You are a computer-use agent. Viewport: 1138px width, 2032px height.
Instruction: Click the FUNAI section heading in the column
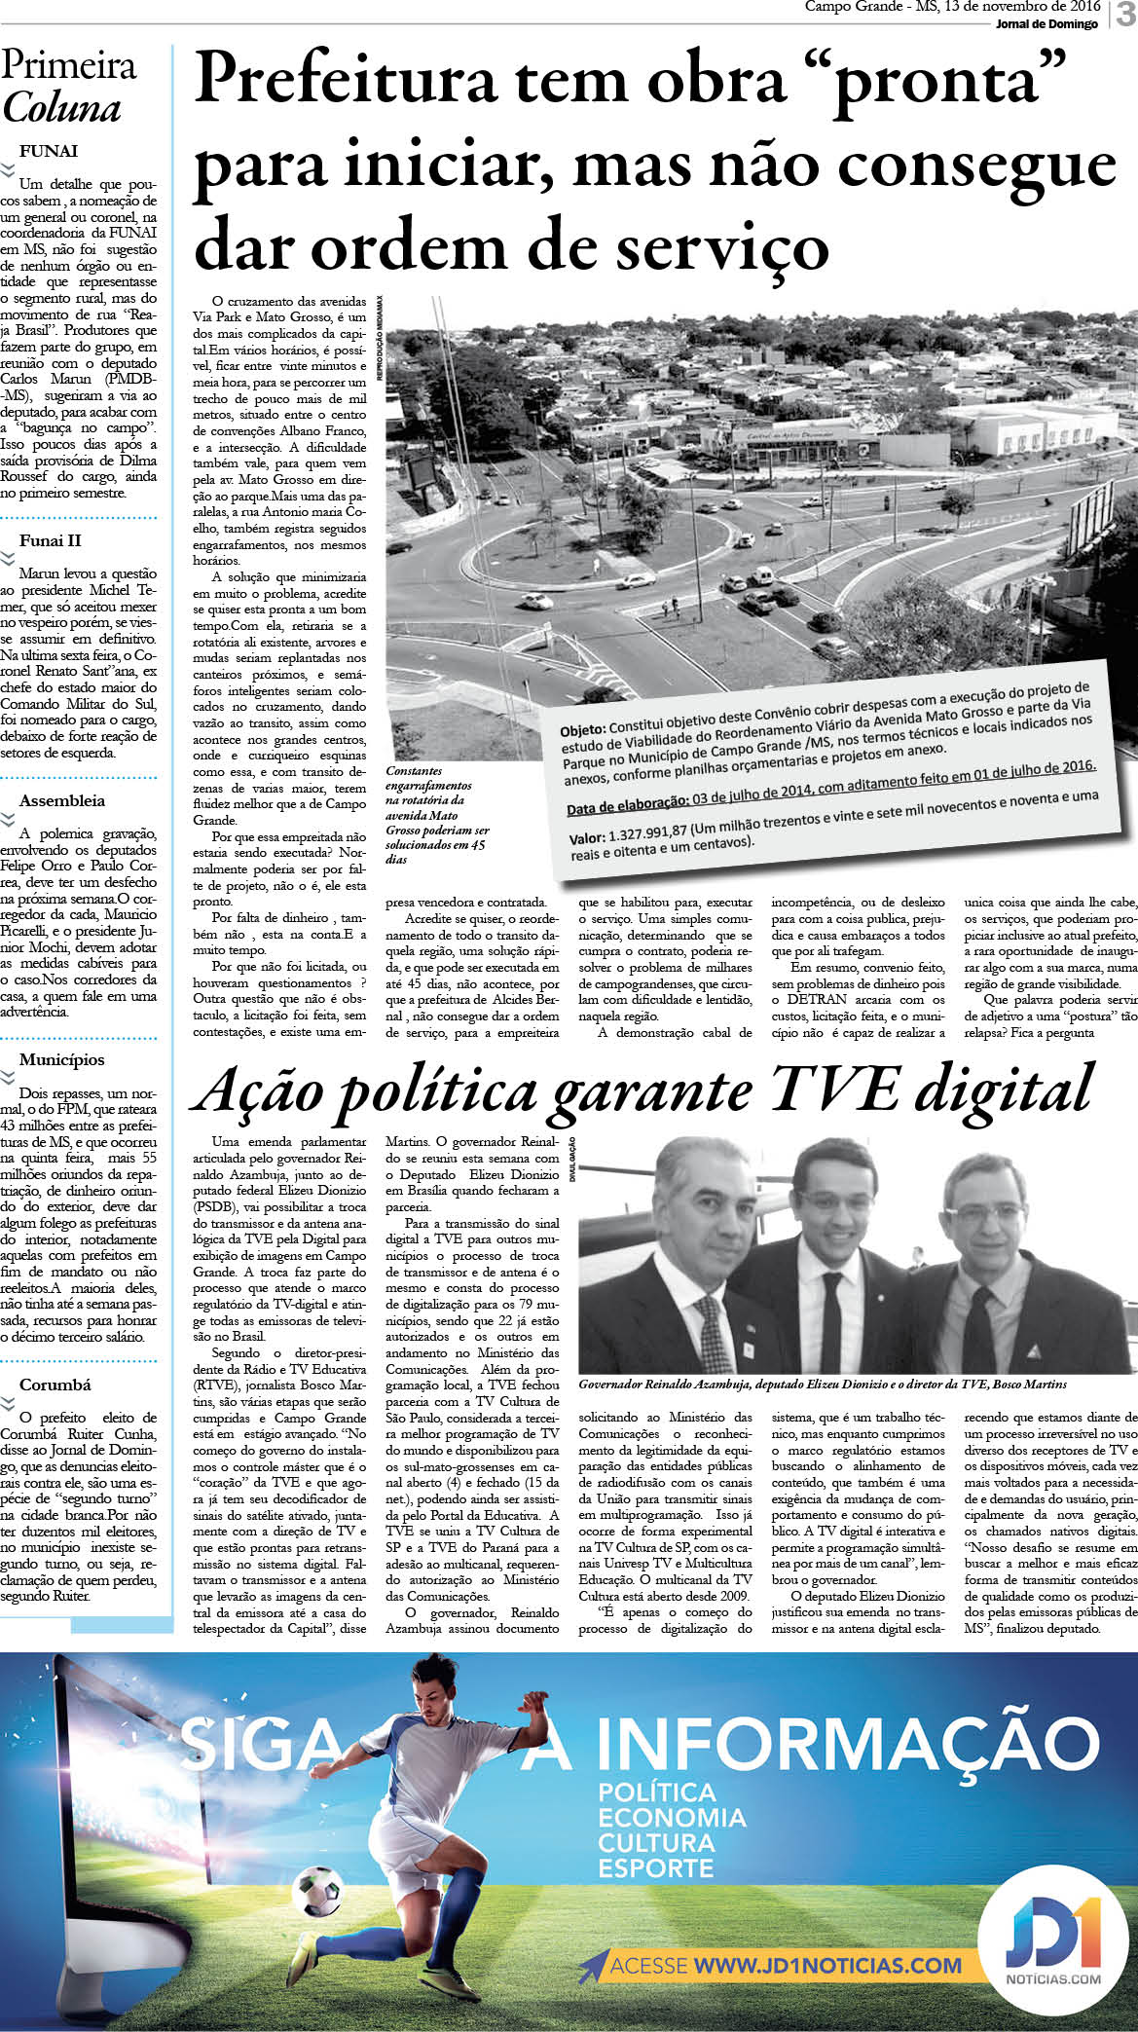49,151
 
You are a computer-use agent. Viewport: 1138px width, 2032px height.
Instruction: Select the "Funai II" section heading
51,540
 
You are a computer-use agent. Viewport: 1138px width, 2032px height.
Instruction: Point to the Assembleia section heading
62,800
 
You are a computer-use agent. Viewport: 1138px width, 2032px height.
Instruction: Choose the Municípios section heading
61,1059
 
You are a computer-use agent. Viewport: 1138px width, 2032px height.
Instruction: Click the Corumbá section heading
55,1385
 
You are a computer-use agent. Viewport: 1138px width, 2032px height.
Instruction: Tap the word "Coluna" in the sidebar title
61,109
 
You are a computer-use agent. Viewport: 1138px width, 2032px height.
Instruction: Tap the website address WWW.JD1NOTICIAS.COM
827,1966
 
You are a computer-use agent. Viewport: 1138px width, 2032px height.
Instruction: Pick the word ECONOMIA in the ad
672,1818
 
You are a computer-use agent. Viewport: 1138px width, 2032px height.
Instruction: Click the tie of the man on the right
976,1314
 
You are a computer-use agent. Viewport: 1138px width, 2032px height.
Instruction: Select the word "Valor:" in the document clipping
587,839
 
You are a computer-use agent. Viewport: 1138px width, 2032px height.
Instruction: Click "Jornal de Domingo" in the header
1046,24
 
